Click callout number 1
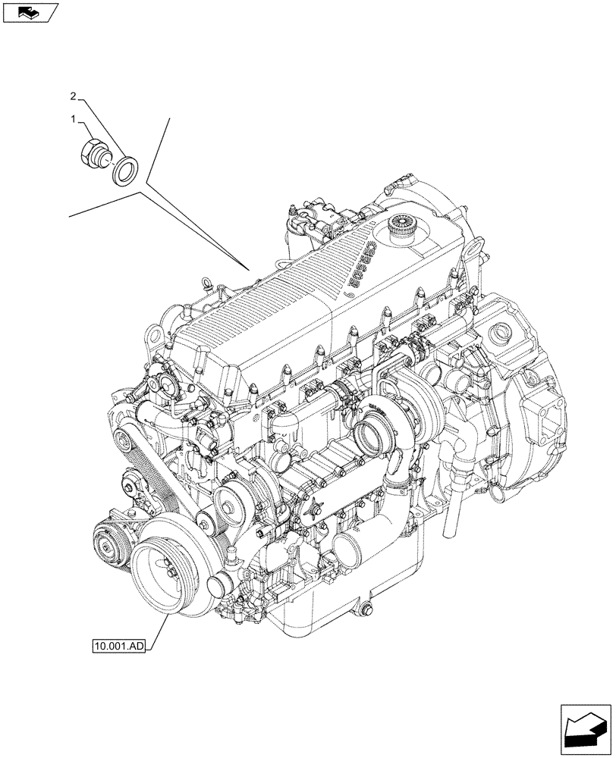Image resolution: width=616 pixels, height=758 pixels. coord(74,119)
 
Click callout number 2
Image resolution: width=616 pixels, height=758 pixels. coord(73,96)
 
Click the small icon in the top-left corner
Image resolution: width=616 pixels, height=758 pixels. coord(30,11)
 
